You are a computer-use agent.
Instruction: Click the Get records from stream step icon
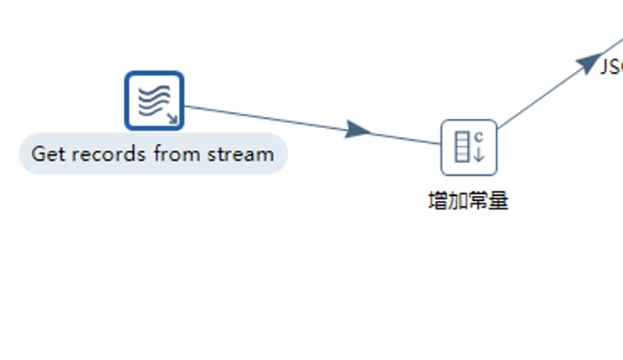tap(154, 100)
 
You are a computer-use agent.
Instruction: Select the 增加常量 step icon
tap(469, 147)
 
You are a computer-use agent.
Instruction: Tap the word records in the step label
tap(106, 154)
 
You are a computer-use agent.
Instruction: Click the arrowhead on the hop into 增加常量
tap(359, 130)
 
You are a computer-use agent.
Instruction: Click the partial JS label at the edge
tap(612, 67)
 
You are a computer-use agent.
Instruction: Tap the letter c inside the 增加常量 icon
tap(480, 136)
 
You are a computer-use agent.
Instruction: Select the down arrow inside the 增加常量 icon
tap(480, 154)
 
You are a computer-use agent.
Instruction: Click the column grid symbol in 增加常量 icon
tap(462, 147)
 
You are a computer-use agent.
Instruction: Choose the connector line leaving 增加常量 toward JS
tap(540, 97)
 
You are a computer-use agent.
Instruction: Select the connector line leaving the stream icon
tap(268, 118)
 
